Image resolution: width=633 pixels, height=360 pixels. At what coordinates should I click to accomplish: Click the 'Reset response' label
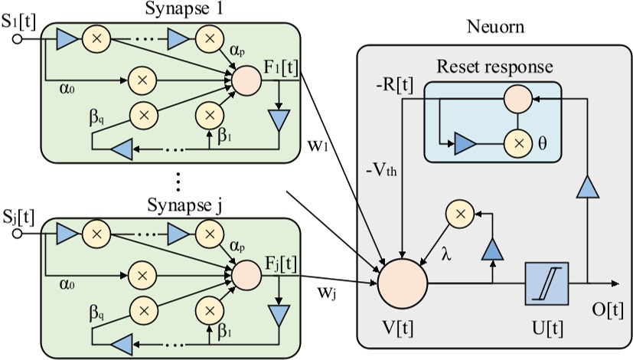click(x=494, y=67)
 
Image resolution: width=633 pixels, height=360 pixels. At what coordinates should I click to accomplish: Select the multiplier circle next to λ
click(x=459, y=217)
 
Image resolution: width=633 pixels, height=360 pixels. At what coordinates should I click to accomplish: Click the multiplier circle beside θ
click(x=517, y=142)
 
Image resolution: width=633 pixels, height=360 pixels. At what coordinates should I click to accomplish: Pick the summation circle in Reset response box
click(x=517, y=98)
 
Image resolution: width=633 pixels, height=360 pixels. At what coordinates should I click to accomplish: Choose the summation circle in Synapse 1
click(x=246, y=79)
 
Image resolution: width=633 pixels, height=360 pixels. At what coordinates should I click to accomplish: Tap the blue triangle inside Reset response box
click(x=465, y=142)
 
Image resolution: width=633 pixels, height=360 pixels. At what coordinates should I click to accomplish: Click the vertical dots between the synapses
click(x=178, y=182)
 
